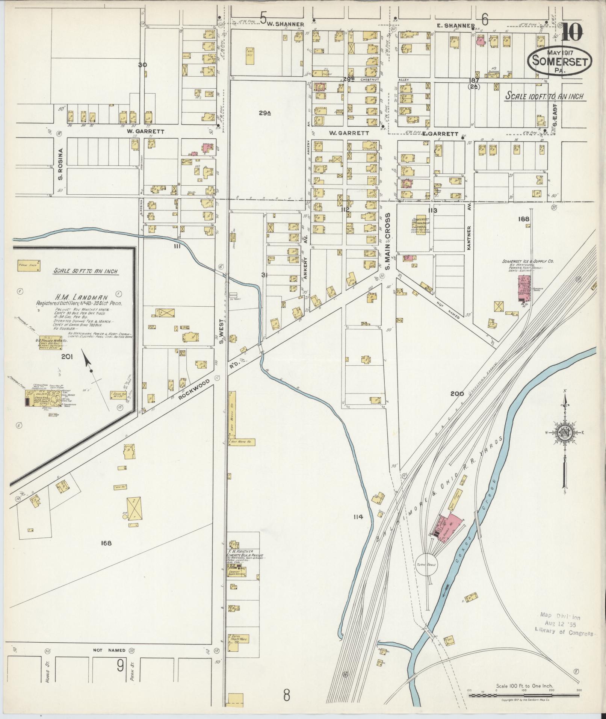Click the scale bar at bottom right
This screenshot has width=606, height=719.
(524, 695)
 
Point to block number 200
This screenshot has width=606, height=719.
(457, 394)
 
